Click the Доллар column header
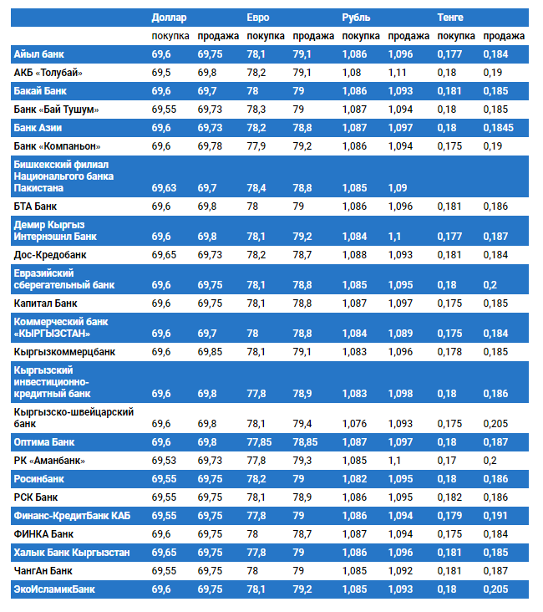(170, 17)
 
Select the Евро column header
(258, 17)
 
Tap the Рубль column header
(357, 17)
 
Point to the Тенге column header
(451, 17)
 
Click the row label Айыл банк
(39, 54)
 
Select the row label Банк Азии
(38, 128)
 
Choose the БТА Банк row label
(36, 206)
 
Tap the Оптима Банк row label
(44, 441)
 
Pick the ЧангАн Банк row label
(43, 571)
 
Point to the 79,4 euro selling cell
(302, 424)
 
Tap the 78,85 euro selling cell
(307, 441)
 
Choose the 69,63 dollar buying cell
(165, 187)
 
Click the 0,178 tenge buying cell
(449, 352)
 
